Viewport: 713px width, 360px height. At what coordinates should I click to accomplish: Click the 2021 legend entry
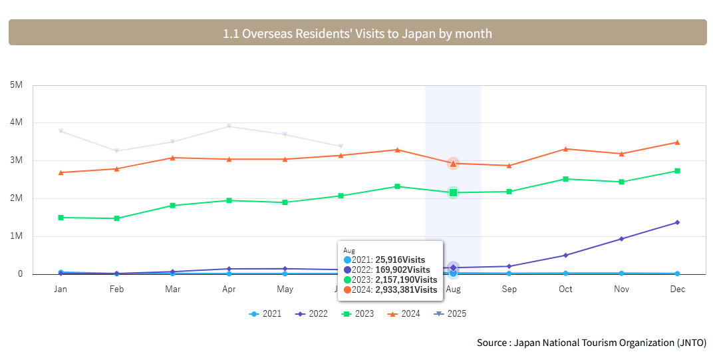[x=265, y=313]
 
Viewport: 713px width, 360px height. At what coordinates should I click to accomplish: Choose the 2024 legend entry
[x=404, y=313]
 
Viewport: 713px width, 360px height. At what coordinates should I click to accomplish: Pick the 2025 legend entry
[x=450, y=313]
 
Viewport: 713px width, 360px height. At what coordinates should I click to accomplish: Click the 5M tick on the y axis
[x=17, y=85]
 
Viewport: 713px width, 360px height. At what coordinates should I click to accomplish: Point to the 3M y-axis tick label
[x=17, y=160]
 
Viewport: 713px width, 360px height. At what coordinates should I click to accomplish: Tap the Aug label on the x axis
[x=453, y=289]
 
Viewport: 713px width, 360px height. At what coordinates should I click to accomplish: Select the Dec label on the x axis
[x=677, y=289]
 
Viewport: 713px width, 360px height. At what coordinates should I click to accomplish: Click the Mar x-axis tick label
[x=172, y=289]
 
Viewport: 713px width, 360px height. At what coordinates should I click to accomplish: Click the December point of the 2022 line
[x=677, y=222]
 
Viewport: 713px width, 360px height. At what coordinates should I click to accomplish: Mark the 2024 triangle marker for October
[x=565, y=148]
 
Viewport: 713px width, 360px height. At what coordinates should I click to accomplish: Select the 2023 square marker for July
[x=397, y=186]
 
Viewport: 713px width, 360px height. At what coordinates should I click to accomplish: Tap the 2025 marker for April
[x=229, y=126]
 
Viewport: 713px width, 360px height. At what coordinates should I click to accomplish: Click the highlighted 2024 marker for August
[x=453, y=163]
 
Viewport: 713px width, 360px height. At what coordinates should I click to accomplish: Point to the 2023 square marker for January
[x=61, y=218]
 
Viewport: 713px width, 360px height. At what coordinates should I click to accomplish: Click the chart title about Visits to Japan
[x=357, y=33]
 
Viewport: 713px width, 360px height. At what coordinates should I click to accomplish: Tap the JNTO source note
[x=591, y=343]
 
